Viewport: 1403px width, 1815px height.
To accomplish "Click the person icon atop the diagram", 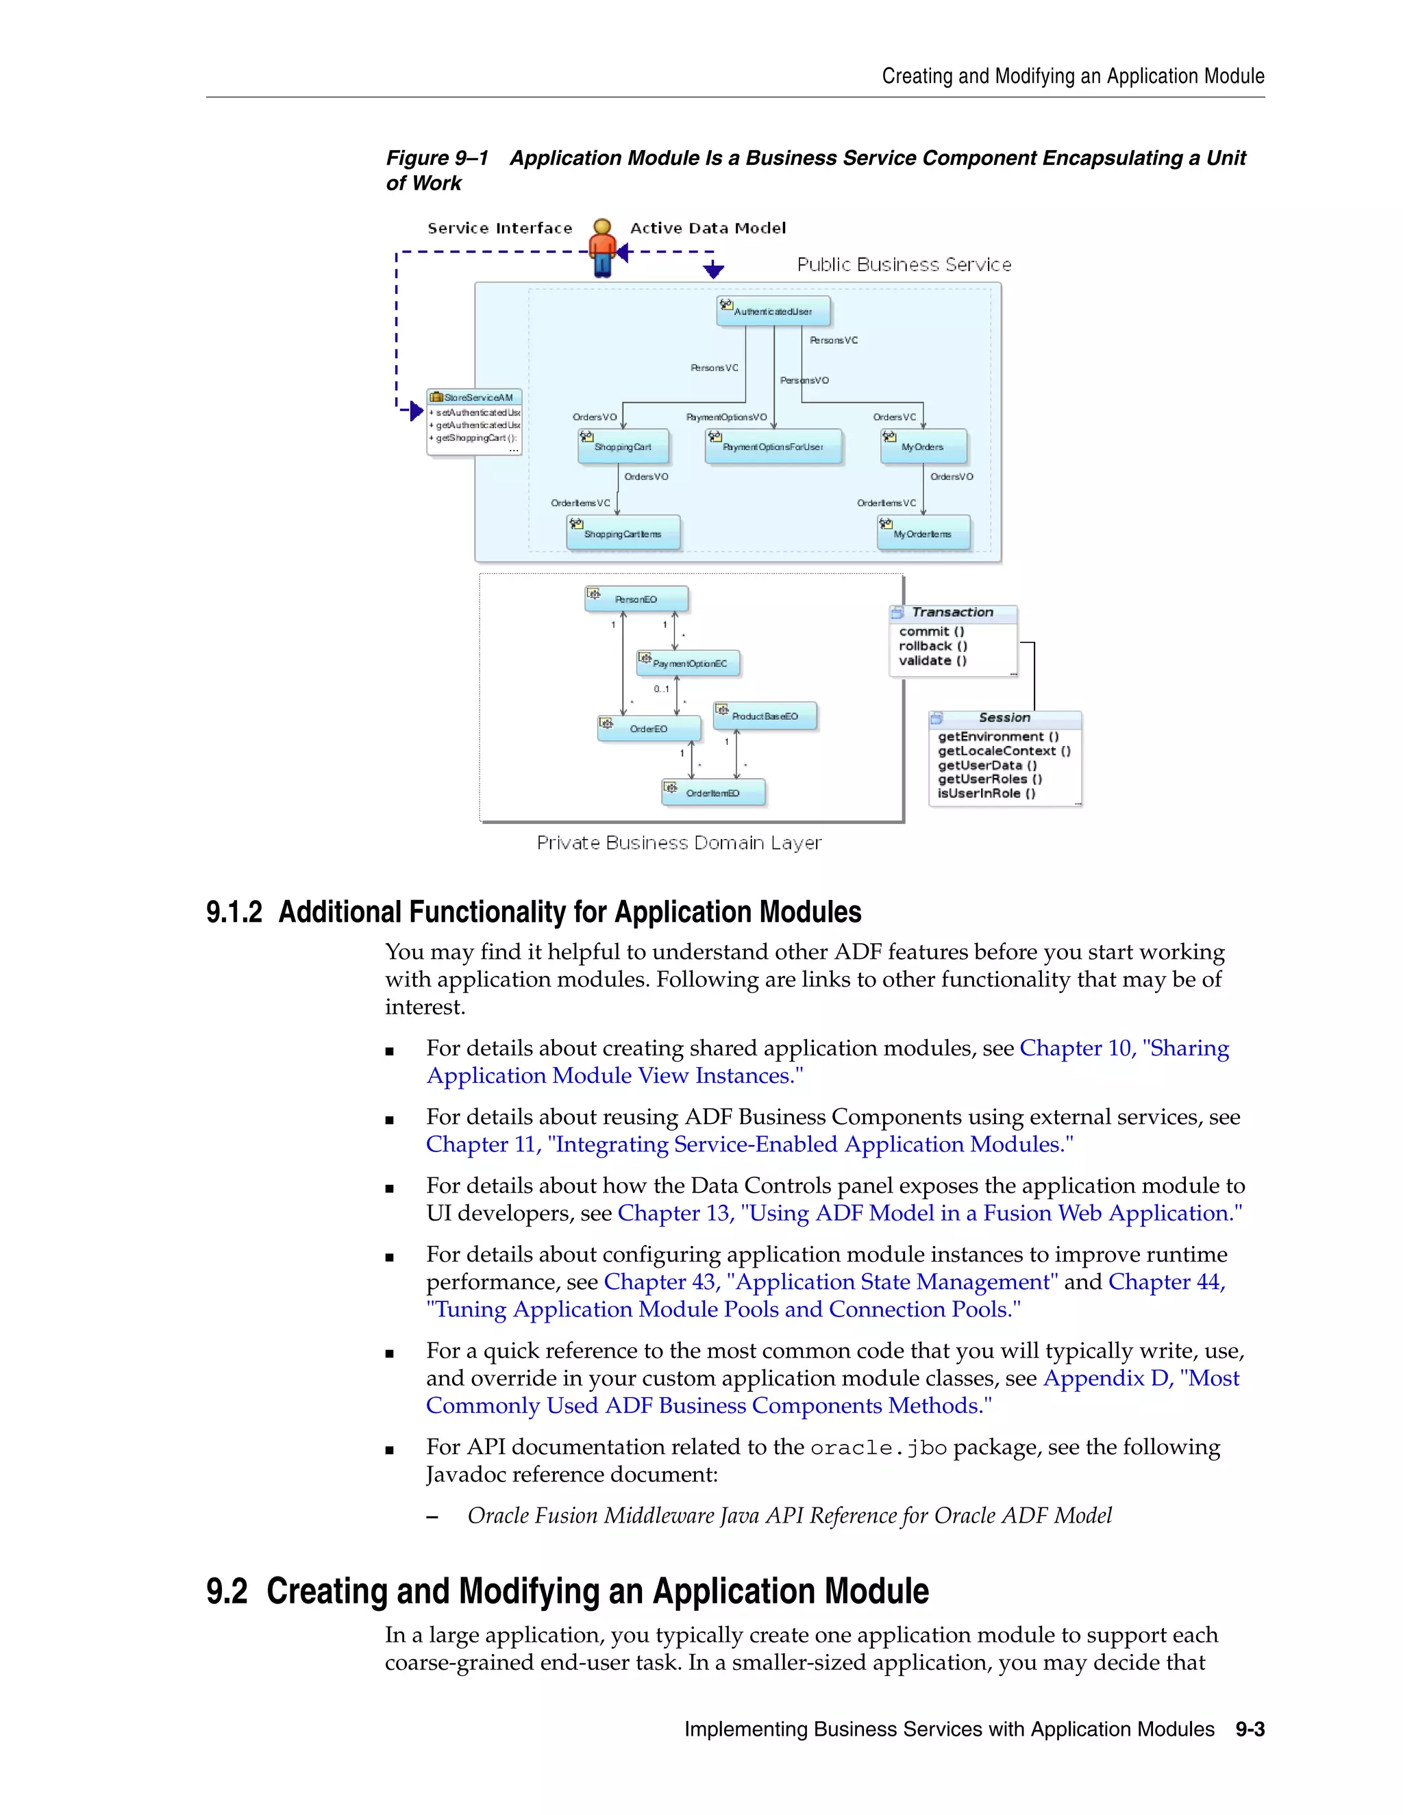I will point(601,248).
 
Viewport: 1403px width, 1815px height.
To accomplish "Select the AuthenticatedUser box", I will point(773,311).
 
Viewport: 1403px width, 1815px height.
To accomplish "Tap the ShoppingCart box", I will point(623,447).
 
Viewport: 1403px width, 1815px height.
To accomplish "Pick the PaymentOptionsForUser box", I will point(773,447).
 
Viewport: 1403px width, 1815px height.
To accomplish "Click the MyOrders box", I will point(923,447).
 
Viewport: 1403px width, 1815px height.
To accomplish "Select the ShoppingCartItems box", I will point(623,534).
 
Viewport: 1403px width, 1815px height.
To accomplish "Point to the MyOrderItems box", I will point(923,534).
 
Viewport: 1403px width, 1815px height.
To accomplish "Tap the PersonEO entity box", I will point(636,599).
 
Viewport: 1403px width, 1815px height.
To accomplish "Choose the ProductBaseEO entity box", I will point(765,716).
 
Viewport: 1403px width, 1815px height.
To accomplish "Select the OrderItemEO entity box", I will point(713,793).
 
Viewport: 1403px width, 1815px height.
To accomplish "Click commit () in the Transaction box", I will point(932,631).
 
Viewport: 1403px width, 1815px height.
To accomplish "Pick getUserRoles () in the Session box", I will point(990,779).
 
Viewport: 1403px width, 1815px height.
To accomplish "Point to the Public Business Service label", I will point(904,264).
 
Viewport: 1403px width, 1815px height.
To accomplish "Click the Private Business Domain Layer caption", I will point(679,842).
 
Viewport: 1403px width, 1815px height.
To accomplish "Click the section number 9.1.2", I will point(234,912).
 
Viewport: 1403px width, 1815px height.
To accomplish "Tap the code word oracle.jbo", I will point(878,1448).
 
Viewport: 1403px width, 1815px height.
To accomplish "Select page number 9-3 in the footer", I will point(1250,1729).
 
